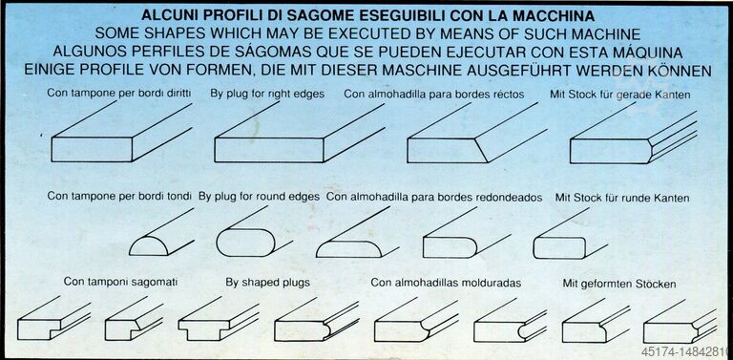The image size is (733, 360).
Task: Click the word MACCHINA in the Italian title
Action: click(x=554, y=15)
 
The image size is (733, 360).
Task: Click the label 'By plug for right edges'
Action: click(x=267, y=94)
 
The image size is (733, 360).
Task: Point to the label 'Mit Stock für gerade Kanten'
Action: click(x=620, y=94)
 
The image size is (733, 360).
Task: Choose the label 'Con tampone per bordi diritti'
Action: click(x=118, y=93)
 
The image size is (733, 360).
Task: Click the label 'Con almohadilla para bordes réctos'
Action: click(x=434, y=94)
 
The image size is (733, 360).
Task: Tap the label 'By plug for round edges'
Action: click(x=259, y=197)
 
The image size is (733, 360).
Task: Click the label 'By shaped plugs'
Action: click(x=267, y=283)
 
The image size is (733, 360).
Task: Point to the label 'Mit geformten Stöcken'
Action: click(x=618, y=284)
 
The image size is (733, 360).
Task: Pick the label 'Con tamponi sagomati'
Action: click(x=120, y=282)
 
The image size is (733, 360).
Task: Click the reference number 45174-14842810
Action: click(x=687, y=350)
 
